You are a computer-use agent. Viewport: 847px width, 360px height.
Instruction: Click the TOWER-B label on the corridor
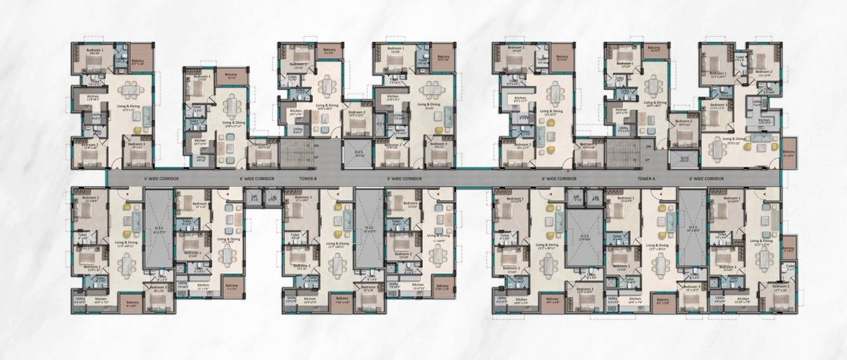pyautogui.click(x=309, y=179)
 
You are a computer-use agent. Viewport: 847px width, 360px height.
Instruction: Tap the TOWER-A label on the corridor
pyautogui.click(x=647, y=179)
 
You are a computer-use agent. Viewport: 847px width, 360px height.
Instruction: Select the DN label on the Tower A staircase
pyautogui.click(x=648, y=146)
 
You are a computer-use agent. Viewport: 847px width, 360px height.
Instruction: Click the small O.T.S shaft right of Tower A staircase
pyautogui.click(x=685, y=159)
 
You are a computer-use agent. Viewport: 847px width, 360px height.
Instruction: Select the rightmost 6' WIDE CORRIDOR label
pyautogui.click(x=706, y=179)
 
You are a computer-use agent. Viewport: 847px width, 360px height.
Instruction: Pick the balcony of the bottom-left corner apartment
pyautogui.click(x=133, y=303)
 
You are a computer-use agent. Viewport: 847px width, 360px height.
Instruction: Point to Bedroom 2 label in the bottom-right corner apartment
pyautogui.click(x=782, y=286)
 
